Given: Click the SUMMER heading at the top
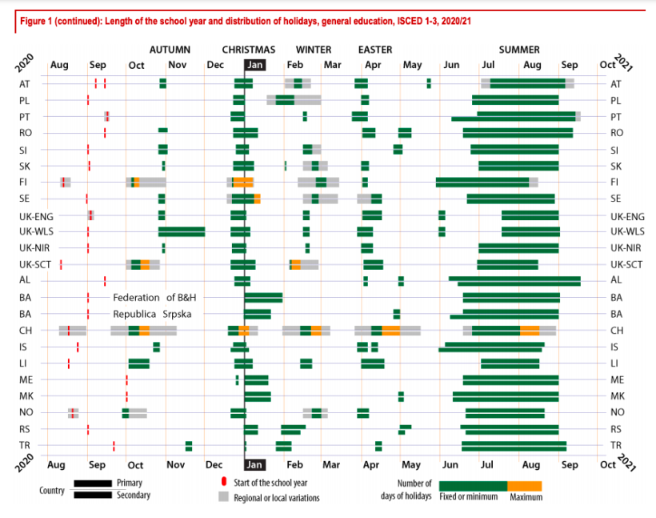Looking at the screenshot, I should click(519, 50).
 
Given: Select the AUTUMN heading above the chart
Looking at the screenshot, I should click(170, 50).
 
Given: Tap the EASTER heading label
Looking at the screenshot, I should click(374, 50).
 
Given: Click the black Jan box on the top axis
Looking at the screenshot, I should click(254, 66).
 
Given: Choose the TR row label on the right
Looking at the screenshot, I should click(615, 446).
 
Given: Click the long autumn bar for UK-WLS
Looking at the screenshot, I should click(182, 232).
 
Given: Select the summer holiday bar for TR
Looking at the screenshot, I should click(514, 446).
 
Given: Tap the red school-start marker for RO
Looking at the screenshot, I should click(104, 133).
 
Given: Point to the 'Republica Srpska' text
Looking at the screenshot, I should click(150, 314).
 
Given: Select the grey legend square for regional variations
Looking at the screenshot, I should click(224, 497).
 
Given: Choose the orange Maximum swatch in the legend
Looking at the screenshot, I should click(525, 486).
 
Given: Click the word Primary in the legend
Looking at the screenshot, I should click(130, 483).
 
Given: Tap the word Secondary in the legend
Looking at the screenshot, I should click(134, 495).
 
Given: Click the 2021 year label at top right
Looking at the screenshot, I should click(623, 60).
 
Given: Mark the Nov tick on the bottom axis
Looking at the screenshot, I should click(177, 464).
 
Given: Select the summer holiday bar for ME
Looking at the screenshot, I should click(510, 380).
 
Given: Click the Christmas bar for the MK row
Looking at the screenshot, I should click(258, 396).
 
